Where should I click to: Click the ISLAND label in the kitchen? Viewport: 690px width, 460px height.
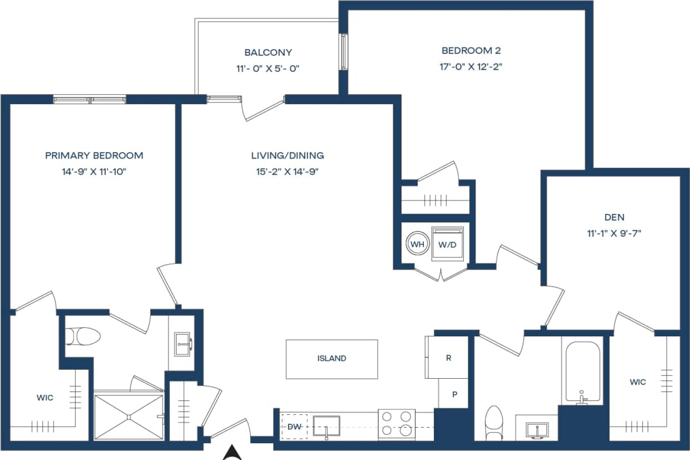click(x=331, y=359)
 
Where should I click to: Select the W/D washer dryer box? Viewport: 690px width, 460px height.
click(x=448, y=244)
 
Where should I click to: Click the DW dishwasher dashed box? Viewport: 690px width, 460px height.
click(x=294, y=427)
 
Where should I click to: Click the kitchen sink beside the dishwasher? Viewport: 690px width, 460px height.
click(x=326, y=426)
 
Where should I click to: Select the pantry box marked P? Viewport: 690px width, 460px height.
click(x=454, y=394)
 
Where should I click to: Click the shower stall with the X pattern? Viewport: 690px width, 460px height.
click(x=129, y=416)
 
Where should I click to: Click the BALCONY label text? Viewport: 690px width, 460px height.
click(x=268, y=52)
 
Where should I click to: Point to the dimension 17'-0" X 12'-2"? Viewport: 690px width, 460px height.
click(x=471, y=66)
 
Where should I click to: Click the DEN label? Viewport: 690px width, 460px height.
click(x=614, y=217)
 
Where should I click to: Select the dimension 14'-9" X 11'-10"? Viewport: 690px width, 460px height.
click(x=94, y=172)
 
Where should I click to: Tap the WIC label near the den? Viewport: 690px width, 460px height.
click(x=638, y=382)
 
